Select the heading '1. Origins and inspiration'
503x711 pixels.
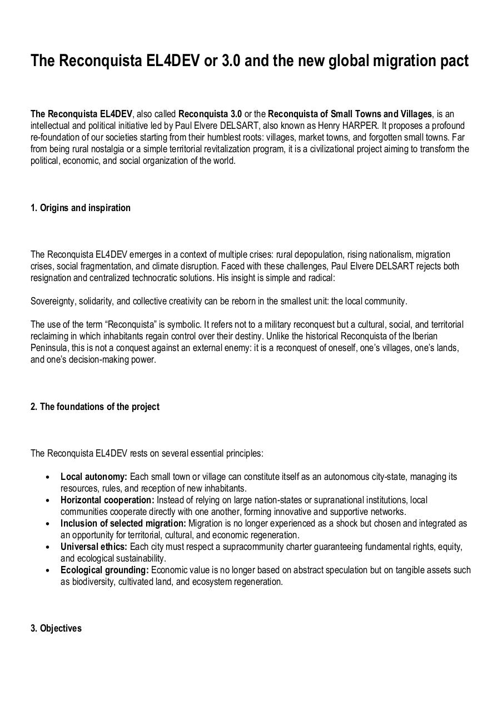(81, 208)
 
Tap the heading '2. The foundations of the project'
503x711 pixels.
(94, 407)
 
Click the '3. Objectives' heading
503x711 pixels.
(56, 628)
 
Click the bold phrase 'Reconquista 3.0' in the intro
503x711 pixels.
(210, 114)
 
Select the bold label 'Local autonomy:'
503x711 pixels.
(94, 477)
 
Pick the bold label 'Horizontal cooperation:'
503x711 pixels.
(107, 500)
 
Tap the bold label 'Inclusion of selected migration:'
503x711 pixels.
(123, 523)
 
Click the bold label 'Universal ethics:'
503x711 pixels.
(94, 547)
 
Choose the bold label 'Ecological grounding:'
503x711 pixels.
(104, 570)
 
